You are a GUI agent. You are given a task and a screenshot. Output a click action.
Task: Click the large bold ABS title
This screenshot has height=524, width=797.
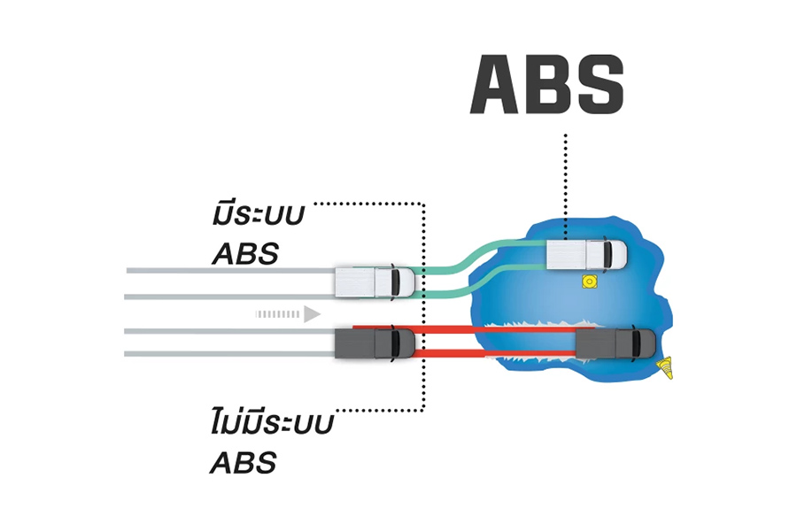(x=546, y=84)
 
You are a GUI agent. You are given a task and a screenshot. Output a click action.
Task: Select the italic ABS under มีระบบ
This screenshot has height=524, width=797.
(x=245, y=254)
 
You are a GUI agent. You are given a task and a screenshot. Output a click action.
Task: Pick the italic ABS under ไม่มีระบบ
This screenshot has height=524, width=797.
(x=244, y=463)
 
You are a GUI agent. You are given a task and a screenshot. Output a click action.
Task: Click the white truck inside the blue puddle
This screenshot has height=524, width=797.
(x=586, y=254)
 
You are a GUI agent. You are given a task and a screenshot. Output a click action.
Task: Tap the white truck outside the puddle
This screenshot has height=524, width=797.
(x=375, y=281)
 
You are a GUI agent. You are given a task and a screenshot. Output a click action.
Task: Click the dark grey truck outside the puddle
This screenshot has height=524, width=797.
(x=375, y=343)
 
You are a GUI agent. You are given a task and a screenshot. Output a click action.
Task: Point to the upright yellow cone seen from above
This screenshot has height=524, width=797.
(x=589, y=281)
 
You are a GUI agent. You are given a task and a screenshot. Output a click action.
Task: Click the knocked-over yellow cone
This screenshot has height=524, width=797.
(x=664, y=367)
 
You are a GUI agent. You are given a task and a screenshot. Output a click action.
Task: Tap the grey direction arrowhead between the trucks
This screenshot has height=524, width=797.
(x=312, y=314)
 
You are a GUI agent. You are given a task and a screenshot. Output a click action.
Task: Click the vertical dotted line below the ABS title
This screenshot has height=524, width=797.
(x=565, y=187)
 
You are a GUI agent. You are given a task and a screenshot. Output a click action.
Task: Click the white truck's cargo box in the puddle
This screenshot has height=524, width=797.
(x=566, y=254)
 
